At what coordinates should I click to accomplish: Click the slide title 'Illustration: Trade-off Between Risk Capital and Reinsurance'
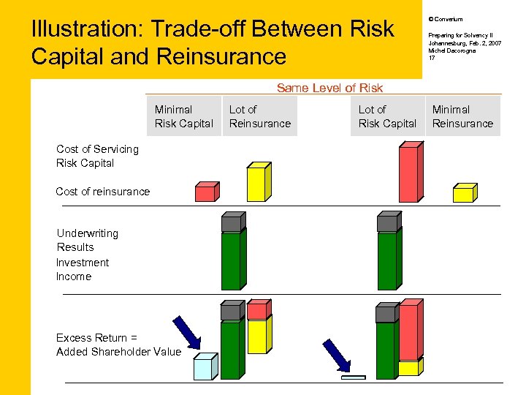point(212,42)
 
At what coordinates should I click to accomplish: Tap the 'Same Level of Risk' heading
point(329,88)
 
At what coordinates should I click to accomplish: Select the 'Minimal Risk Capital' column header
point(183,116)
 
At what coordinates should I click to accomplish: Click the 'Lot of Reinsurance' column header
point(259,116)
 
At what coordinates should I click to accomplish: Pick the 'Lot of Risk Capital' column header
point(387,116)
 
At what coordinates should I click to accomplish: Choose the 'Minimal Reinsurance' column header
point(462,116)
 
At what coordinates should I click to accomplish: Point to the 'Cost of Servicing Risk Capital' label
point(97,156)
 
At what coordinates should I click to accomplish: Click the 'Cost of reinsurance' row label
point(102,192)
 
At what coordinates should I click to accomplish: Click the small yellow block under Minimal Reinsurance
point(464,194)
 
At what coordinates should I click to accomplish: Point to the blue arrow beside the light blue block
point(186,331)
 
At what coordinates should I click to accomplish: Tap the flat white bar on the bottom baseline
point(353,377)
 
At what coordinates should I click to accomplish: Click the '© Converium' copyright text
point(446,19)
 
